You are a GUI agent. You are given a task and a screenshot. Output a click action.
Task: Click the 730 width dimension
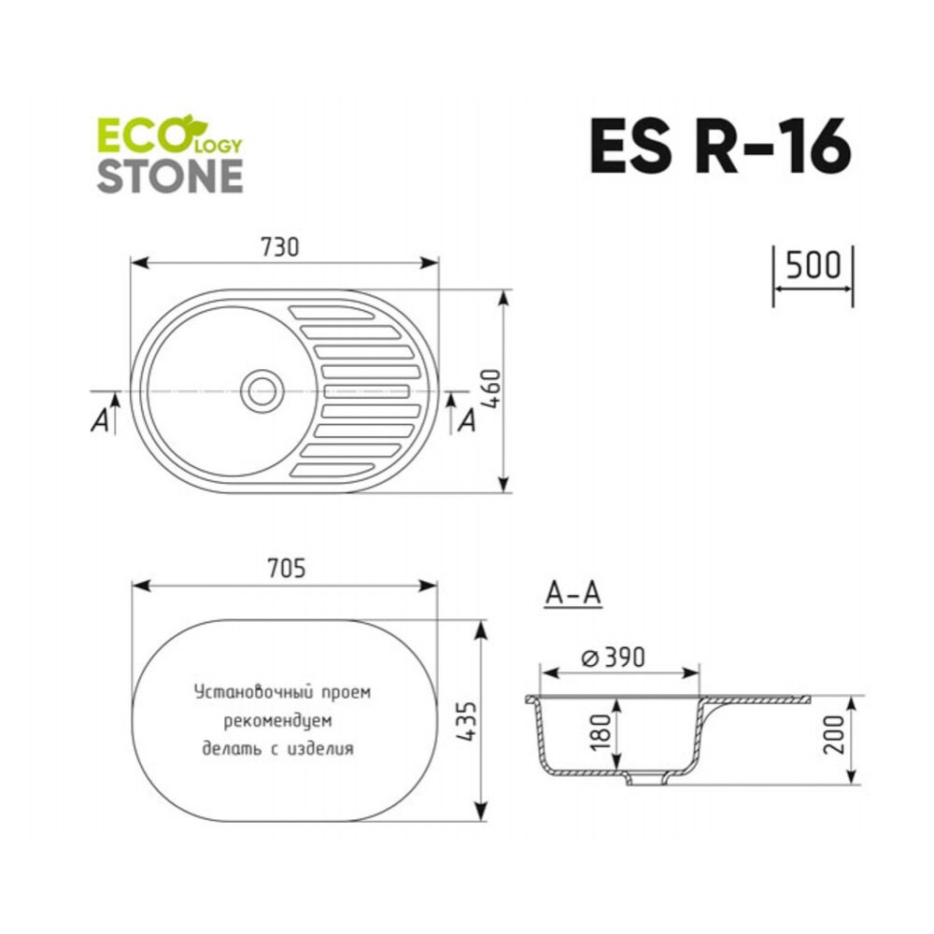[280, 247]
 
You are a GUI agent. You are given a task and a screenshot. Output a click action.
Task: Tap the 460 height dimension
[492, 389]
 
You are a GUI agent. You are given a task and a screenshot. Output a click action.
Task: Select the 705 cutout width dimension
[286, 568]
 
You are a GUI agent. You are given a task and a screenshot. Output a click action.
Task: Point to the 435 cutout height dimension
[467, 721]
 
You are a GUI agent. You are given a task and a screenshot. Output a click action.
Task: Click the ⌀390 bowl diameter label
[613, 658]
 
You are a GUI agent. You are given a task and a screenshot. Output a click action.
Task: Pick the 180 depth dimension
[602, 731]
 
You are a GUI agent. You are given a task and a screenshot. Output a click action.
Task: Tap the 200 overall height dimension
[834, 735]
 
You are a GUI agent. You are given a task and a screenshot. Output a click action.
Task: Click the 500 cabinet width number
[814, 265]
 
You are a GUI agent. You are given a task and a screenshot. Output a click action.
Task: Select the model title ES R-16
[720, 146]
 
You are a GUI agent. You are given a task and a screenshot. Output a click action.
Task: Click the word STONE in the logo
[170, 176]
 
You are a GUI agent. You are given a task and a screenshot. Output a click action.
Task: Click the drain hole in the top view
[262, 391]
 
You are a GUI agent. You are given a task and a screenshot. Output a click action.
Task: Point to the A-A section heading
[573, 593]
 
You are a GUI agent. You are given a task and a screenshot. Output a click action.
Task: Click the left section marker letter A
[100, 420]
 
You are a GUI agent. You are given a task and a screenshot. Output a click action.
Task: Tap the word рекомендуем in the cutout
[277, 721]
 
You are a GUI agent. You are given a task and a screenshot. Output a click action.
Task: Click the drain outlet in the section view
[646, 778]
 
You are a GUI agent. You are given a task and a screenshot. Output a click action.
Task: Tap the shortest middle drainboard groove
[367, 391]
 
